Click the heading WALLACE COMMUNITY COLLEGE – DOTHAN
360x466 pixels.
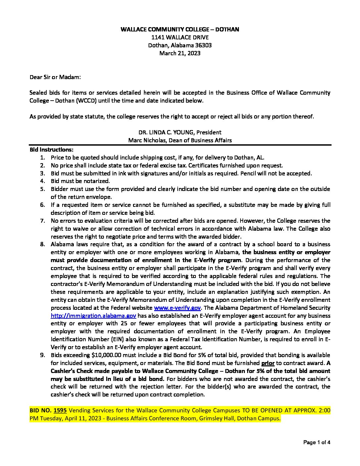(x=180, y=29)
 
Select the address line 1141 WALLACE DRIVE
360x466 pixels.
(x=180, y=37)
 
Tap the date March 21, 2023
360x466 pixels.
(x=180, y=53)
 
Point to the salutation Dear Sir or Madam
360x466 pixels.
(x=55, y=77)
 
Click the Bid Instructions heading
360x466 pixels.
(x=52, y=150)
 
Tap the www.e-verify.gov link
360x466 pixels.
(x=177, y=308)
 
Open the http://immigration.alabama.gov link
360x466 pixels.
(x=93, y=316)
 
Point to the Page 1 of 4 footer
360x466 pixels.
(x=317, y=442)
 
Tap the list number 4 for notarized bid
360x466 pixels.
(x=43, y=181)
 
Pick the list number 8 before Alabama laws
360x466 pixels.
(x=43, y=244)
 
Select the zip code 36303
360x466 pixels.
(x=202, y=45)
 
